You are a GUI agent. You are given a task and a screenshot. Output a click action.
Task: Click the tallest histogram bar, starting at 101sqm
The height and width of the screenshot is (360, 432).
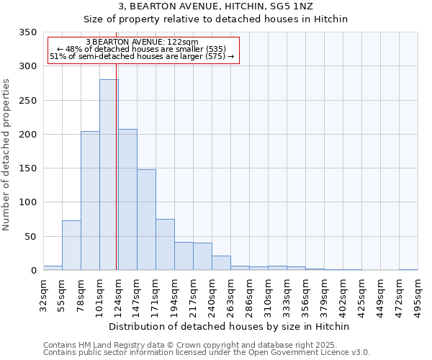[x=109, y=175]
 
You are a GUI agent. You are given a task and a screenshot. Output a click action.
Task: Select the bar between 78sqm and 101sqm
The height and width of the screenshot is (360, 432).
[x=90, y=201]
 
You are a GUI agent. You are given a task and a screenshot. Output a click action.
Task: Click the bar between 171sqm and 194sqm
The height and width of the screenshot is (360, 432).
[x=165, y=245]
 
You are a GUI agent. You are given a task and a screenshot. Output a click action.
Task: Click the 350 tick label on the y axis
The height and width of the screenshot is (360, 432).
[x=27, y=32]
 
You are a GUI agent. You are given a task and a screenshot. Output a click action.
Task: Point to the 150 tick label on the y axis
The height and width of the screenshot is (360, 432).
[x=27, y=168]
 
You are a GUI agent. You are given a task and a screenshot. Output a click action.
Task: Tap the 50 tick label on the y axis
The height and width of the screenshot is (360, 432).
[x=30, y=237]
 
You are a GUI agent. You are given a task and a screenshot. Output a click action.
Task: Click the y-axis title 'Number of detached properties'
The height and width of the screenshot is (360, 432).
[x=7, y=155]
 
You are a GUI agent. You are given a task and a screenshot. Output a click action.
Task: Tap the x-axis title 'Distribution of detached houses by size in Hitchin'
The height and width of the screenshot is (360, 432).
[x=230, y=326]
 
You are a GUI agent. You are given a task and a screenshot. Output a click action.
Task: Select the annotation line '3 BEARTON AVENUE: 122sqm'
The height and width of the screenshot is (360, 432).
[x=142, y=42]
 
